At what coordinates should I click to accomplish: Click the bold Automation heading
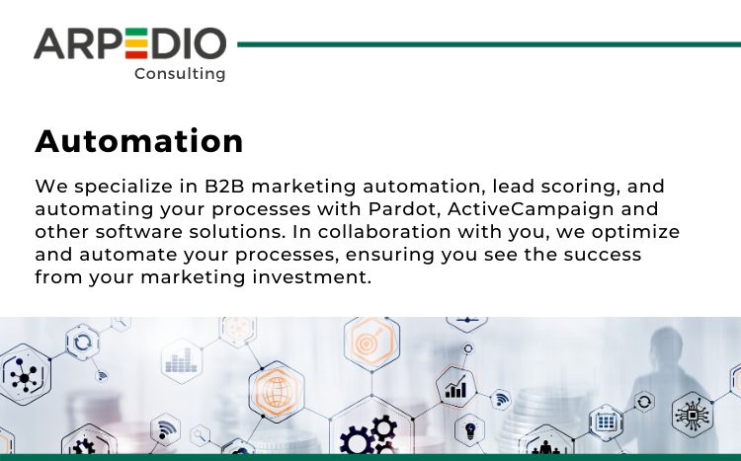(139, 141)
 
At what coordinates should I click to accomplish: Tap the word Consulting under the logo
(180, 74)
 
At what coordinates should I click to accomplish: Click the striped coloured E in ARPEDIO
(136, 43)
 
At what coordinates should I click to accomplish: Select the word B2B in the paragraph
(224, 187)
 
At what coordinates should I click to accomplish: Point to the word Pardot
(404, 208)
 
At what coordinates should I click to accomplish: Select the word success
(603, 255)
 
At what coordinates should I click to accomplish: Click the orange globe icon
(277, 392)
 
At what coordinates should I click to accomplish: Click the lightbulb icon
(470, 430)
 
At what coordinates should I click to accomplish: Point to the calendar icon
(606, 422)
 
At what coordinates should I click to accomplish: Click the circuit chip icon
(693, 415)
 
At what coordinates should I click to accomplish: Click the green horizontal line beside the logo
(489, 44)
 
